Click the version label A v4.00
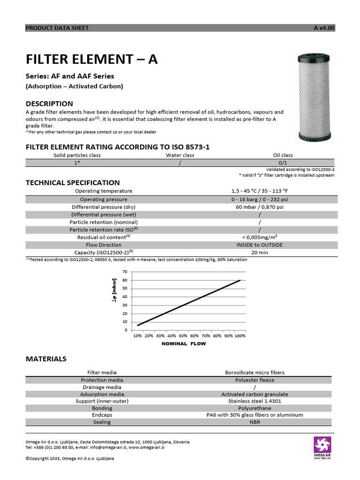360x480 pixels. pyautogui.click(x=324, y=28)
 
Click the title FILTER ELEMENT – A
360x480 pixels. pyautogui.click(x=92, y=60)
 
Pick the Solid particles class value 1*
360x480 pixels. pyautogui.click(x=77, y=163)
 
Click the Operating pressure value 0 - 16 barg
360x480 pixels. pyautogui.click(x=259, y=199)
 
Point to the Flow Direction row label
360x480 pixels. pyautogui.click(x=104, y=245)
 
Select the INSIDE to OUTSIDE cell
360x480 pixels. pyautogui.click(x=259, y=245)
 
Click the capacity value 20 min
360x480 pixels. pyautogui.click(x=259, y=252)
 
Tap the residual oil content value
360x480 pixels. pyautogui.click(x=259, y=237)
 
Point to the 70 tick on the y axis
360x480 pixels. pyautogui.click(x=125, y=272)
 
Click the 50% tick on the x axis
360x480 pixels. pyautogui.click(x=183, y=336)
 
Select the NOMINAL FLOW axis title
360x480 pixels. pyautogui.click(x=183, y=344)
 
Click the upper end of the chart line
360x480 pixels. pyautogui.click(x=240, y=280)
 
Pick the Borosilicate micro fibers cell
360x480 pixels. pyautogui.click(x=255, y=373)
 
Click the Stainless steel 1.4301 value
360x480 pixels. pyautogui.click(x=255, y=401)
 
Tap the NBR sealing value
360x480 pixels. pyautogui.click(x=255, y=422)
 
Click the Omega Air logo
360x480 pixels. pyautogui.click(x=322, y=447)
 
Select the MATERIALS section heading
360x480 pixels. pyautogui.click(x=46, y=359)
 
